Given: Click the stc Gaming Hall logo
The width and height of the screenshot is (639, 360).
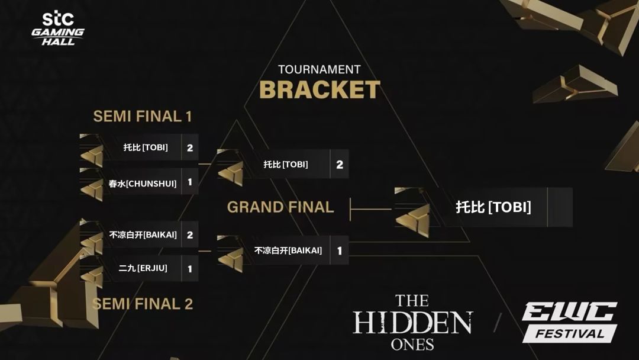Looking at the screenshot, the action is point(58,28).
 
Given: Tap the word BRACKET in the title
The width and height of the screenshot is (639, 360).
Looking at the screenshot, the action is point(319,89).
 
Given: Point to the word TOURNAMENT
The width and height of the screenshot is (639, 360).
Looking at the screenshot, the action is point(319,69).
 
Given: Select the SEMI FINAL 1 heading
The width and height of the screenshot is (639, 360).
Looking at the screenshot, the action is point(142,116).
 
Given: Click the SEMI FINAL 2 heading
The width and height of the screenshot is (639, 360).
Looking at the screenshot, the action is point(142,304).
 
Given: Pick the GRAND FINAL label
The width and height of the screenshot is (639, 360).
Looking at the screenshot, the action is point(280,207).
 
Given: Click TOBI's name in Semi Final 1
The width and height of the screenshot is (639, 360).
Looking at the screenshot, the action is point(146,147).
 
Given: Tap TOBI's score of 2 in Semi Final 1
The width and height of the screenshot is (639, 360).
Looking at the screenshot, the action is point(190,147).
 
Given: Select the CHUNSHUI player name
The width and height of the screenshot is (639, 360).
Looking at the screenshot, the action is point(143,184).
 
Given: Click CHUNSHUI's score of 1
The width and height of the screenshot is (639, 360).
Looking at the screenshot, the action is point(190,182).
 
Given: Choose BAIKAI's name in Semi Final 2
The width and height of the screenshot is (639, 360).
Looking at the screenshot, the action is point(143,235).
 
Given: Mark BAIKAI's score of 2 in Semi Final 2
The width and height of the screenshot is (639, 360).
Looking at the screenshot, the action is point(190,235).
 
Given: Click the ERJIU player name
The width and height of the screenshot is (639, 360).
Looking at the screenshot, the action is point(143,268).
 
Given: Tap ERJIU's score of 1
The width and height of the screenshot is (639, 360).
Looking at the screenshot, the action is point(190,269).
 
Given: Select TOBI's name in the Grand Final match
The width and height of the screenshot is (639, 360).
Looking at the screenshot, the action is point(286,164).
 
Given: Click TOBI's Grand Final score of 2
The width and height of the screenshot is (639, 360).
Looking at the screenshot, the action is point(340,164).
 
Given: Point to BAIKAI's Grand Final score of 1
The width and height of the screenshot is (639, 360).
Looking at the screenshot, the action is point(340,250).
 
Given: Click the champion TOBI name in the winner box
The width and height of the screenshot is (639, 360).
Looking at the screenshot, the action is point(493,207).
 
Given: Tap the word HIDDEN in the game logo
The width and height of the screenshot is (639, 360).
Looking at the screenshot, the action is point(412,323).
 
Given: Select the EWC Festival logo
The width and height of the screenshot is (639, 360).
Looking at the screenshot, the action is point(570,322).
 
